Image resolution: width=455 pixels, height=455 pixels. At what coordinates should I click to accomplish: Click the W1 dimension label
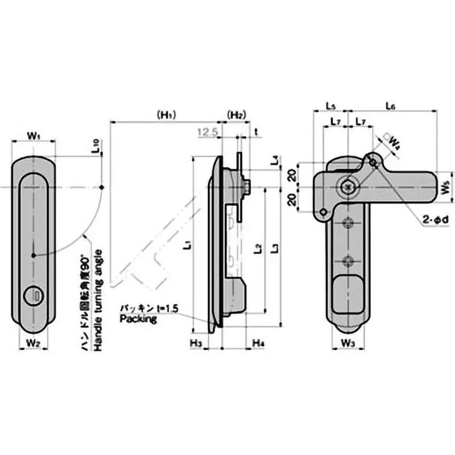[x=34, y=136]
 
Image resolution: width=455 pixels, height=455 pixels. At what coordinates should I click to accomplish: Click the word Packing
[x=138, y=319]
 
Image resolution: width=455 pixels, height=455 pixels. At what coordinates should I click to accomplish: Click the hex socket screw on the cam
[x=348, y=185]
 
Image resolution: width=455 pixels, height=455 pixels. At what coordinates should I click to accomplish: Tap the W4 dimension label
[x=394, y=143]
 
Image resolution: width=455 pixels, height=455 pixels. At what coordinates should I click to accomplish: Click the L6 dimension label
[x=390, y=105]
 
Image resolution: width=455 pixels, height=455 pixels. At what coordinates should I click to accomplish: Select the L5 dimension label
[x=330, y=105]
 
